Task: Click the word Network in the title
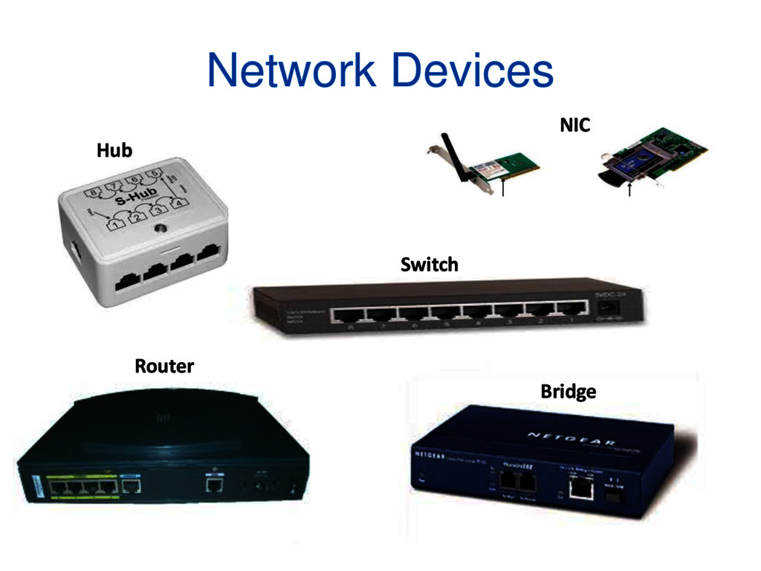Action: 291,71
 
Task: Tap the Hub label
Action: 114,151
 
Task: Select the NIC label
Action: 574,126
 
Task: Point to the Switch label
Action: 429,264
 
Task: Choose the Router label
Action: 164,366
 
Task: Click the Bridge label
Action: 568,391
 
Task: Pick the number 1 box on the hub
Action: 115,222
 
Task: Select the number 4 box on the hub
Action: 178,203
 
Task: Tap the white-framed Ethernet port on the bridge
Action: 578,488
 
